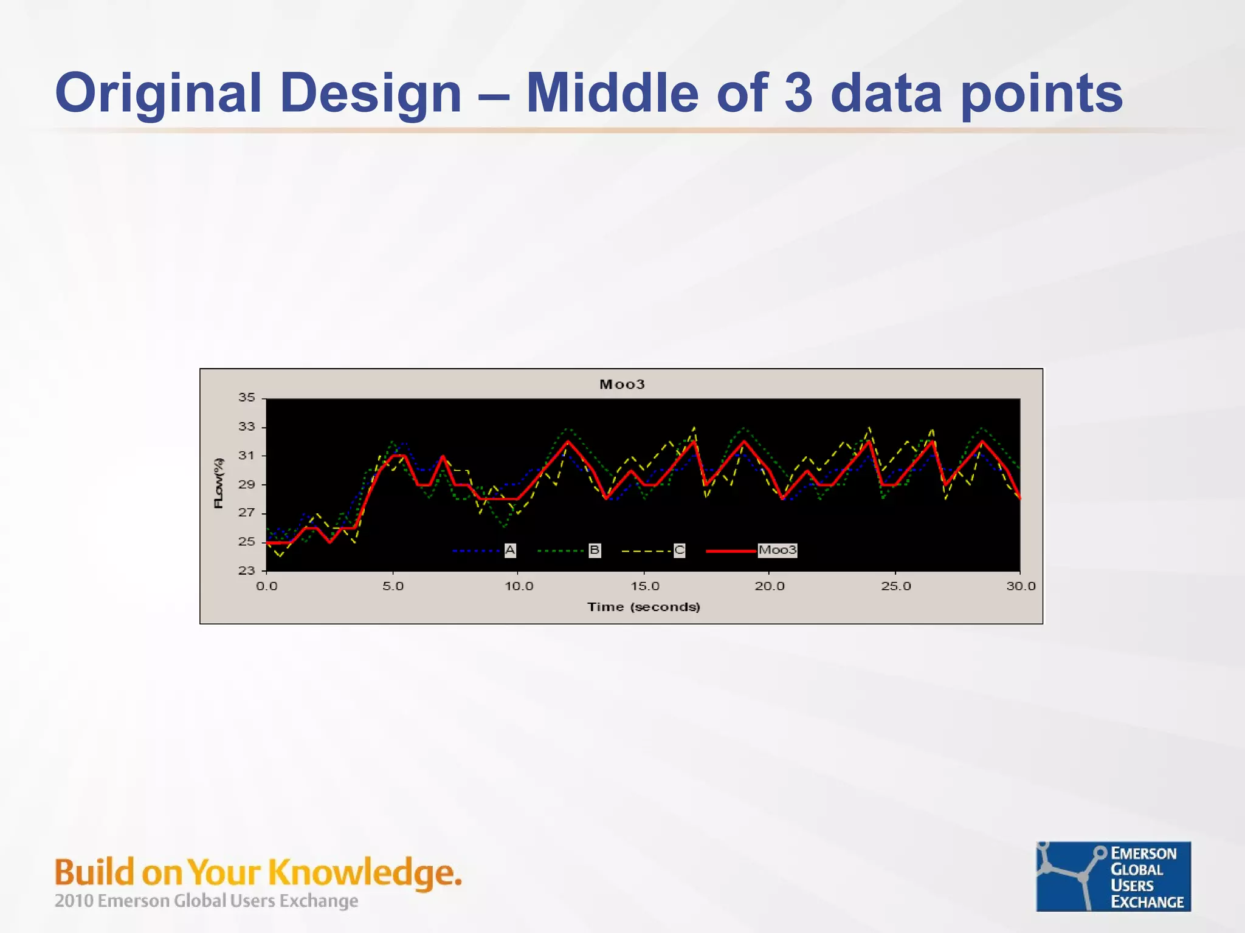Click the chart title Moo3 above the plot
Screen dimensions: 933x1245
(622, 384)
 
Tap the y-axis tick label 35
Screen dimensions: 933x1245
(246, 397)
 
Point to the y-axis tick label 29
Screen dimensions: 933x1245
(246, 485)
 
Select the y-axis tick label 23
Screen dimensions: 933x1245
(246, 570)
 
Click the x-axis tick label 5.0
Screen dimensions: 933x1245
(393, 586)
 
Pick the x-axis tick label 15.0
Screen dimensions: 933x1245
(644, 586)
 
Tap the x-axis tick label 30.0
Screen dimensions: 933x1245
(1021, 586)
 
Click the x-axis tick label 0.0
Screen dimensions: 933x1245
(266, 586)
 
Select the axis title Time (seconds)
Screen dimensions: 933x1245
(643, 607)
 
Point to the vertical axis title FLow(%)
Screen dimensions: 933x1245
(219, 483)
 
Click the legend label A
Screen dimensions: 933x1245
(510, 550)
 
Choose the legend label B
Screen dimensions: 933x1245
(595, 550)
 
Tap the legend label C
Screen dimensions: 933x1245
(679, 550)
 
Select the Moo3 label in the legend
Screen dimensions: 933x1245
(777, 550)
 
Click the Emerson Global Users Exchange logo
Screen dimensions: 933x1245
(1113, 876)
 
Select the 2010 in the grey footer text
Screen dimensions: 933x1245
(74, 901)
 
